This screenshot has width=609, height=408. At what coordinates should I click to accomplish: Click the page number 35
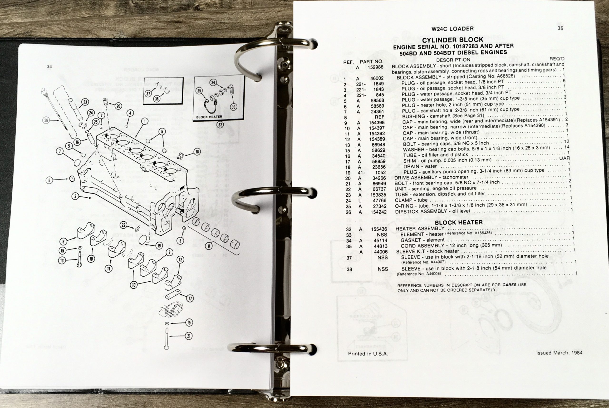(560, 28)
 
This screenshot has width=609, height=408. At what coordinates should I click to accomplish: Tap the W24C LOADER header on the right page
(452, 29)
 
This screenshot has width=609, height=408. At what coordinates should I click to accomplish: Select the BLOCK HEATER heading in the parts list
(459, 223)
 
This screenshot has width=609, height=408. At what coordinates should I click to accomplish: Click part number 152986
(375, 67)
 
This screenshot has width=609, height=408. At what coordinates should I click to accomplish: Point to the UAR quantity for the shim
(564, 158)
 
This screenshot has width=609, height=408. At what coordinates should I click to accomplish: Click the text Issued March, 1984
(559, 353)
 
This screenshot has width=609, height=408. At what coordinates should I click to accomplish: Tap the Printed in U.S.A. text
(368, 354)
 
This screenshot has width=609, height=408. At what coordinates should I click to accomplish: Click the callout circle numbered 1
(145, 121)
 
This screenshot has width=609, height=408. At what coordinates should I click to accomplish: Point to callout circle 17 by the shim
(190, 298)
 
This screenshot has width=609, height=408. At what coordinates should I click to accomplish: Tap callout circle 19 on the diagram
(159, 245)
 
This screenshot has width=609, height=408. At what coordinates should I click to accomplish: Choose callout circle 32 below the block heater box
(220, 125)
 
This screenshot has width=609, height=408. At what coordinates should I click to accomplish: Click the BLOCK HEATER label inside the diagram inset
(209, 117)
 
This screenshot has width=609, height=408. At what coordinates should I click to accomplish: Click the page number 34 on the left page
(49, 67)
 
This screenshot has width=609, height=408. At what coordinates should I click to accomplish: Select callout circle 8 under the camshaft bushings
(209, 246)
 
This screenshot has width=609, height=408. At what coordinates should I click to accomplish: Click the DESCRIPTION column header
(453, 60)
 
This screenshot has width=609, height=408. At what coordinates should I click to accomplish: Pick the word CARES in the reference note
(509, 285)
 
